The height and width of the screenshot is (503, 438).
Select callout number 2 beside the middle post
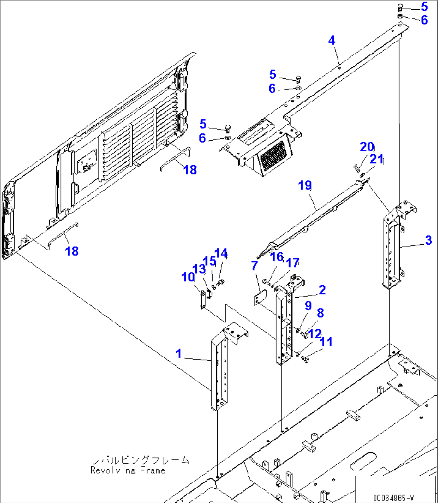(322, 290)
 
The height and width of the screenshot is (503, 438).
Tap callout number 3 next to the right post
(428, 240)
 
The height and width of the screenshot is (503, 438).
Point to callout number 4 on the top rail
(332, 40)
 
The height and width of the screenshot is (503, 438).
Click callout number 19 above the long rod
(305, 186)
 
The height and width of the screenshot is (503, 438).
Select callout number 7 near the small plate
(254, 266)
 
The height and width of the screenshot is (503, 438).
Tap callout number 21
(377, 159)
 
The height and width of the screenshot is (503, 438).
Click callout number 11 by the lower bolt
(326, 342)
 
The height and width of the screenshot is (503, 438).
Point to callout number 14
(221, 254)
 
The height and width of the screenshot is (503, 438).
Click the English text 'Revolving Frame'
(128, 470)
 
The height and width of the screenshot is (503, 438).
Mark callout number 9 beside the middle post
(308, 306)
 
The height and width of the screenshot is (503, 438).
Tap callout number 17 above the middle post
(293, 263)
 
